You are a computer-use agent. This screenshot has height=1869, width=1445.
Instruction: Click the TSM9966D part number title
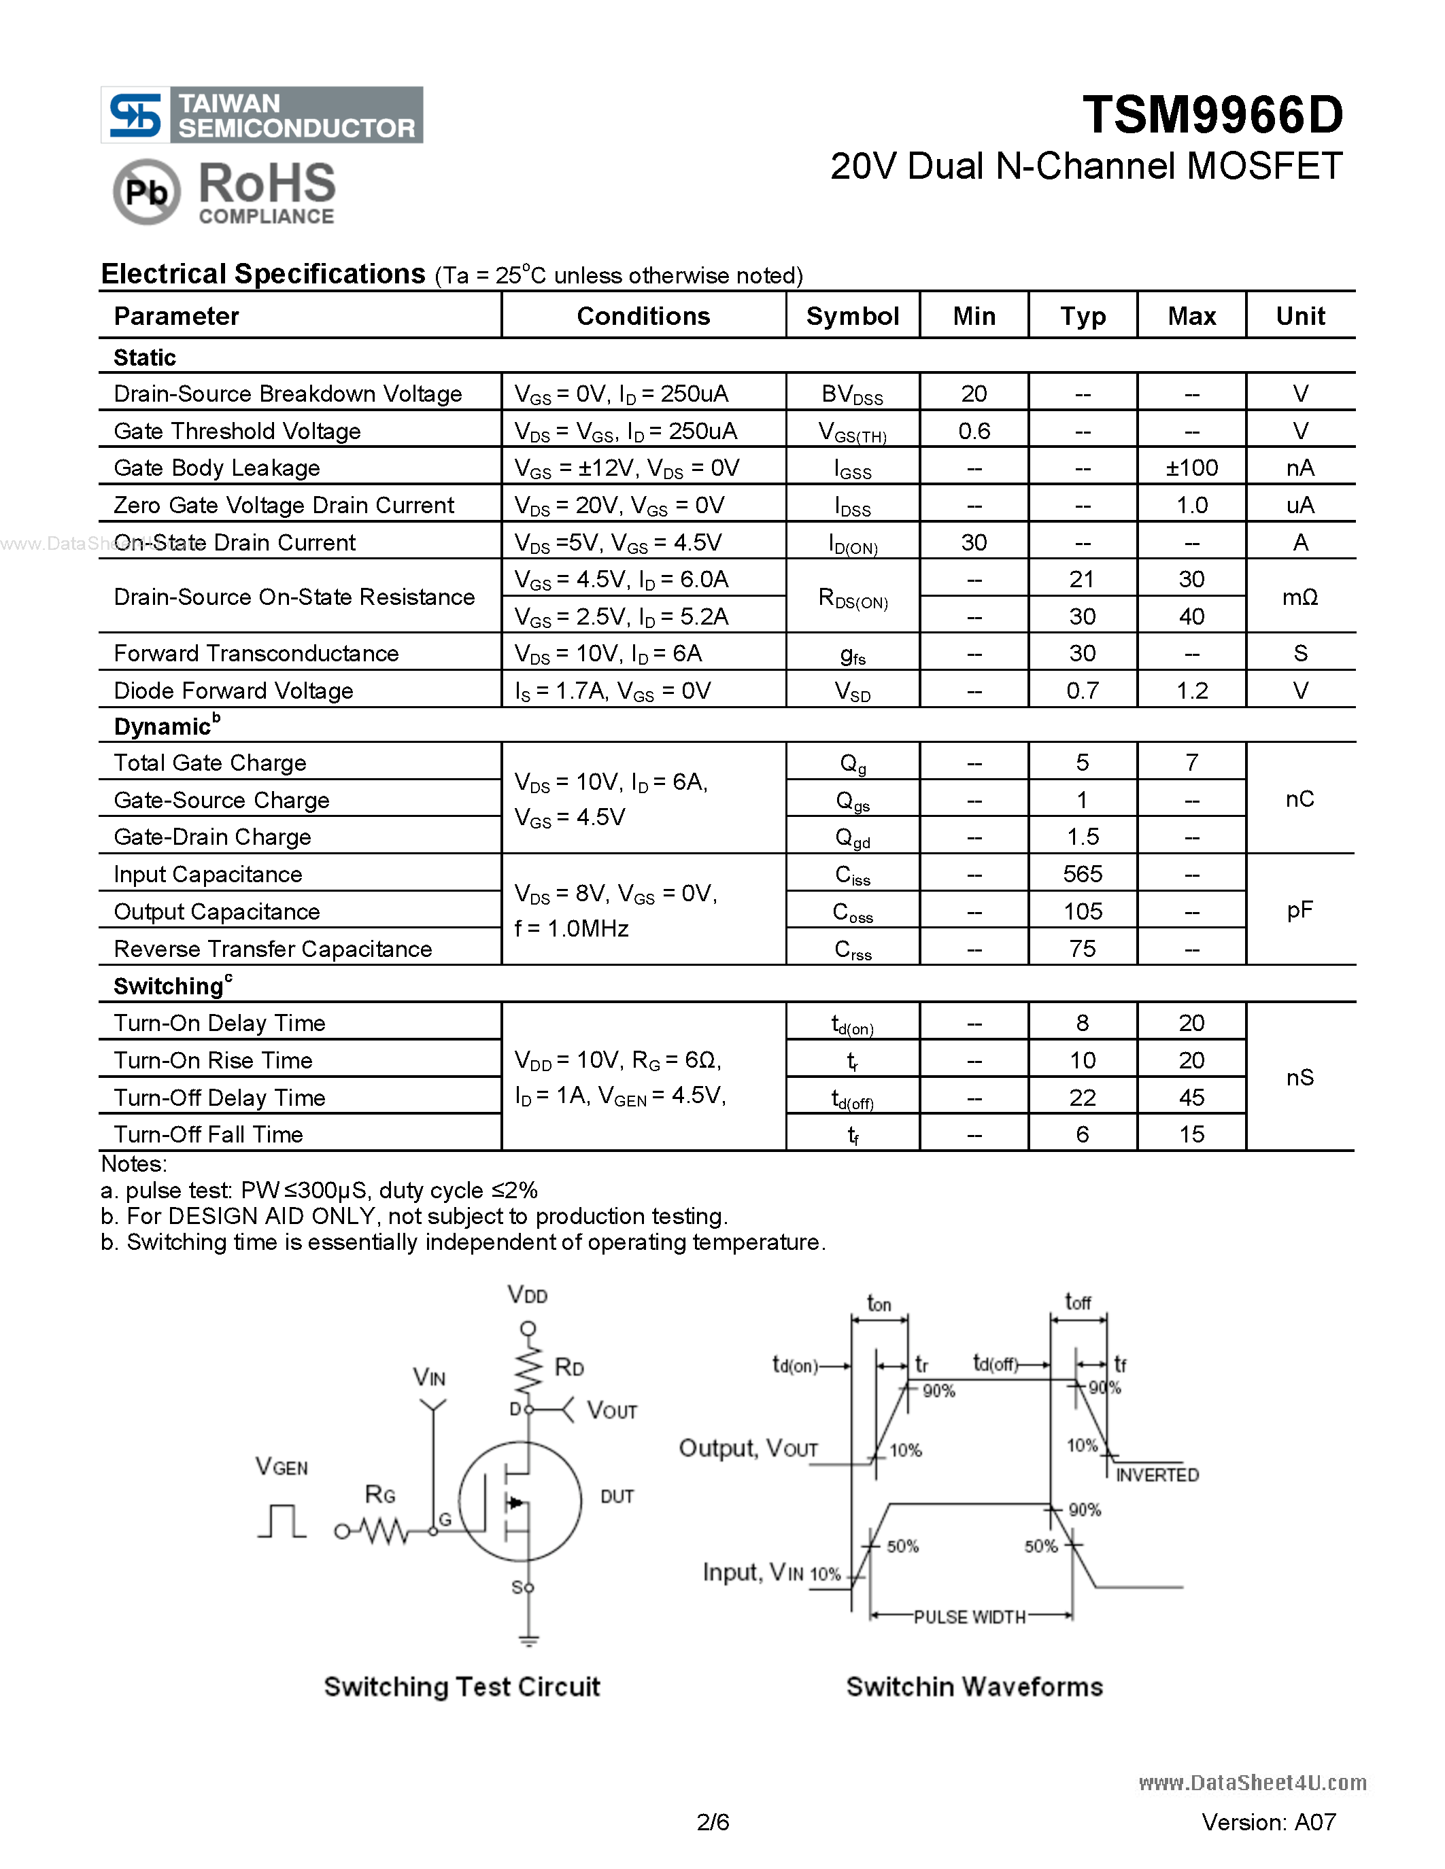[1212, 116]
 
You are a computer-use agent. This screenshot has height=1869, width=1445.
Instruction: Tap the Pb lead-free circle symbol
[146, 192]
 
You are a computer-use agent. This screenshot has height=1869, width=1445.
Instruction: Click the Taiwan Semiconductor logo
[262, 115]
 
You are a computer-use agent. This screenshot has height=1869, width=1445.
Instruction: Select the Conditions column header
[643, 316]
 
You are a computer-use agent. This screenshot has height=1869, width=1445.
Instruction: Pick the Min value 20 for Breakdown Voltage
[973, 394]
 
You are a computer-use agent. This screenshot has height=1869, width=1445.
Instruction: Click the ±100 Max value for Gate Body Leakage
[1191, 468]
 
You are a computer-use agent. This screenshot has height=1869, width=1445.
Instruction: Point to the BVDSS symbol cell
[852, 394]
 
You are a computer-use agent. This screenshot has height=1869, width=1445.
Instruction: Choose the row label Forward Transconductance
[256, 654]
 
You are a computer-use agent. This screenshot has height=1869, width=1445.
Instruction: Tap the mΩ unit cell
[1299, 597]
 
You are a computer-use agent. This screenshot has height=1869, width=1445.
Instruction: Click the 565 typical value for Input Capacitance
[1082, 874]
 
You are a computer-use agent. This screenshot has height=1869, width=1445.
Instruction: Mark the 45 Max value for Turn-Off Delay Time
[1191, 1097]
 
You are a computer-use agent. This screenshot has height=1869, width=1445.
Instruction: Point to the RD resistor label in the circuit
[568, 1367]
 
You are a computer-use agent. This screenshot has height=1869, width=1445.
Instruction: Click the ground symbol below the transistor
[528, 1641]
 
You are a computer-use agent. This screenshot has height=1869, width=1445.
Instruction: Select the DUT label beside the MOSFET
[616, 1496]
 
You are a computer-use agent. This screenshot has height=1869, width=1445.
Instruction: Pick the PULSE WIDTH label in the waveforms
[969, 1617]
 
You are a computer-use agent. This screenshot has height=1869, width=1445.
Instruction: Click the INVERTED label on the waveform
[1157, 1475]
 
